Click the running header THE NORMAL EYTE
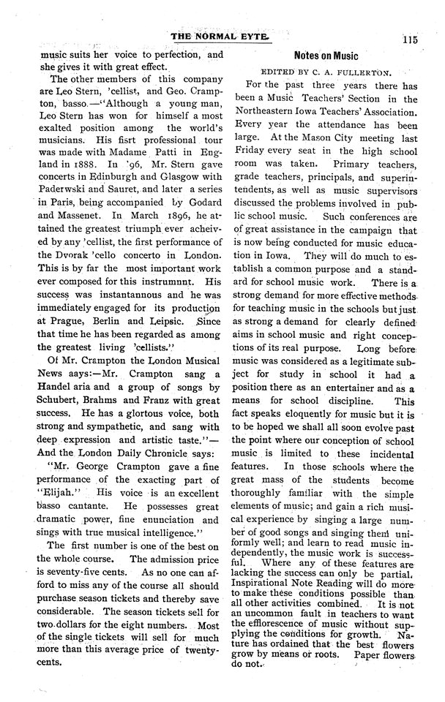[217, 35]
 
